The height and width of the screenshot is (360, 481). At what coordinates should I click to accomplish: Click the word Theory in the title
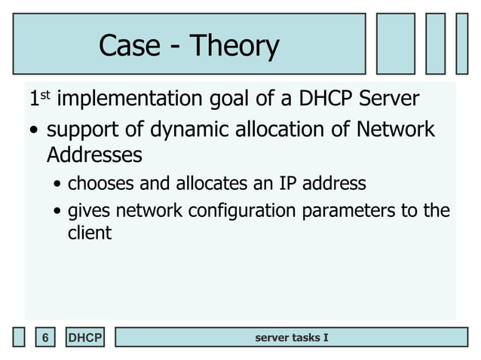(234, 47)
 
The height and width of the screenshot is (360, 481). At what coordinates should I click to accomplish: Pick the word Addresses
(93, 155)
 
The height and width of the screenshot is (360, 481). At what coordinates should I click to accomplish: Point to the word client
(89, 233)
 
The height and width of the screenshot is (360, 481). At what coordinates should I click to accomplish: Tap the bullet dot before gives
(59, 212)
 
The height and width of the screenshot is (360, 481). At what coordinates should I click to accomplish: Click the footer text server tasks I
(291, 337)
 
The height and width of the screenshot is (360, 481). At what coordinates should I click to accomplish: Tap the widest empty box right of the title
(396, 44)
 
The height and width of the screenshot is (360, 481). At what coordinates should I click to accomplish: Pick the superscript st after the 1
(44, 94)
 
